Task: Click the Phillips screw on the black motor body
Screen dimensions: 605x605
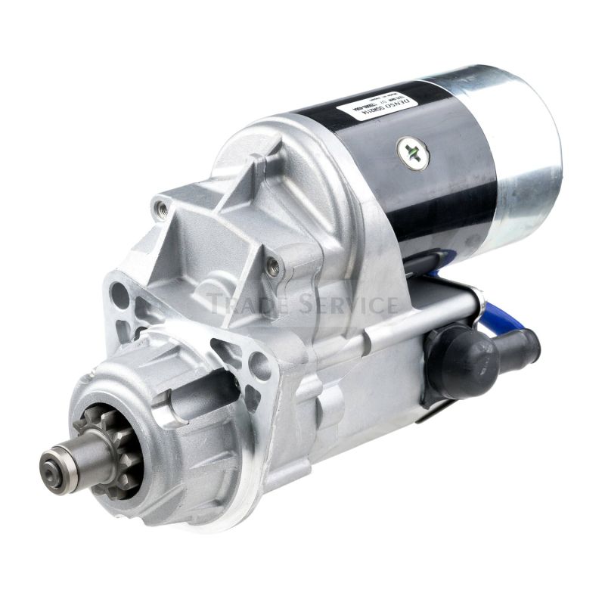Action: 413,153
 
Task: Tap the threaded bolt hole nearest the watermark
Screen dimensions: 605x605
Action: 273,266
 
